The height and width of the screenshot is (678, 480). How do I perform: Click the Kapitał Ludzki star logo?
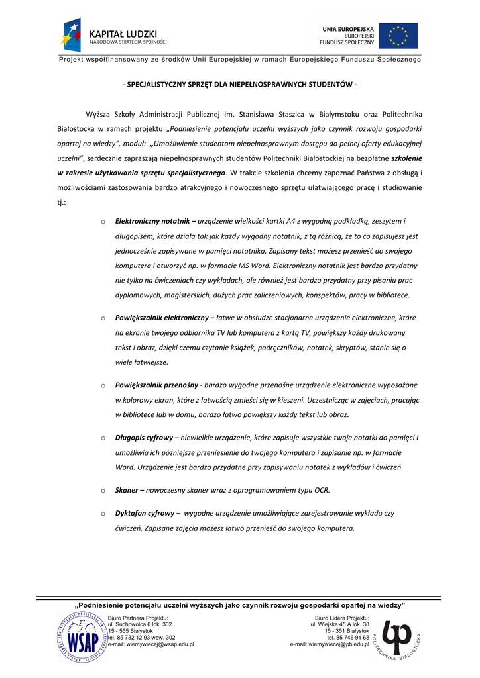point(71,35)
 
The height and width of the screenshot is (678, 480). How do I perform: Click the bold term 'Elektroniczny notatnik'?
point(152,221)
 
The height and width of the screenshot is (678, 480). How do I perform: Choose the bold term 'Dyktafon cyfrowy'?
point(145,513)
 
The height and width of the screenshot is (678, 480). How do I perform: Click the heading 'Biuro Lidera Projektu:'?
point(342,618)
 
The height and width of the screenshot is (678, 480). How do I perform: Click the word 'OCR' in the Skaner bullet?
point(322,491)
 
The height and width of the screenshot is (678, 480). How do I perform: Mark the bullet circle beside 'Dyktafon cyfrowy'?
point(103,514)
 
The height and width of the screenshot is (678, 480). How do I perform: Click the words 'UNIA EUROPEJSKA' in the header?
point(348,29)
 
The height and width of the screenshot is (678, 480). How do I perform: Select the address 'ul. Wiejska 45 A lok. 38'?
point(339,624)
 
